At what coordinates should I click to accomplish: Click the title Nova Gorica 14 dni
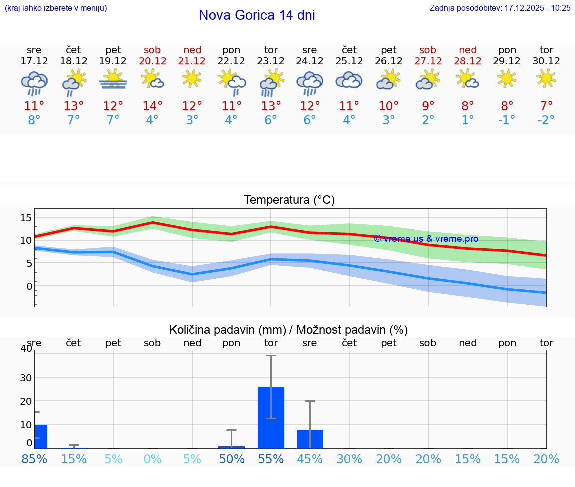[257, 15]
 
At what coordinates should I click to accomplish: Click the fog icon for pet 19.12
[113, 80]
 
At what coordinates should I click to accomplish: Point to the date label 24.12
[310, 61]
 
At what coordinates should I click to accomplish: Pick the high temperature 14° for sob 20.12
[152, 106]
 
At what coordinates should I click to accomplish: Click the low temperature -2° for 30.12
[546, 120]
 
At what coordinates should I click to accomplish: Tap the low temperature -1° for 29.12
[507, 120]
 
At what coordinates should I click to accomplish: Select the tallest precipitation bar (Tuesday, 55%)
[271, 417]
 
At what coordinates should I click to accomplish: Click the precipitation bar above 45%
[310, 439]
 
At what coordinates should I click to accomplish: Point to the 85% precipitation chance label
[34, 459]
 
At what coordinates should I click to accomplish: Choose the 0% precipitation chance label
[152, 459]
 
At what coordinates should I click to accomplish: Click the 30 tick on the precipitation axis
[26, 377]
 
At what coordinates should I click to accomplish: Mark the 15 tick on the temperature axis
[26, 217]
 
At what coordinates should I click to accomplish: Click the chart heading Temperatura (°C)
[289, 200]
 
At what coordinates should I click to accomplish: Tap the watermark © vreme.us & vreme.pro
[426, 239]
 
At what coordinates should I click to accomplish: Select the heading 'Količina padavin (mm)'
[227, 330]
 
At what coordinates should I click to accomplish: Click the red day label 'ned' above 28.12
[468, 50]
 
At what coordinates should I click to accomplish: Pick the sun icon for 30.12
[546, 78]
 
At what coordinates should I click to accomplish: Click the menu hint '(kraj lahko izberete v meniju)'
[56, 8]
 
